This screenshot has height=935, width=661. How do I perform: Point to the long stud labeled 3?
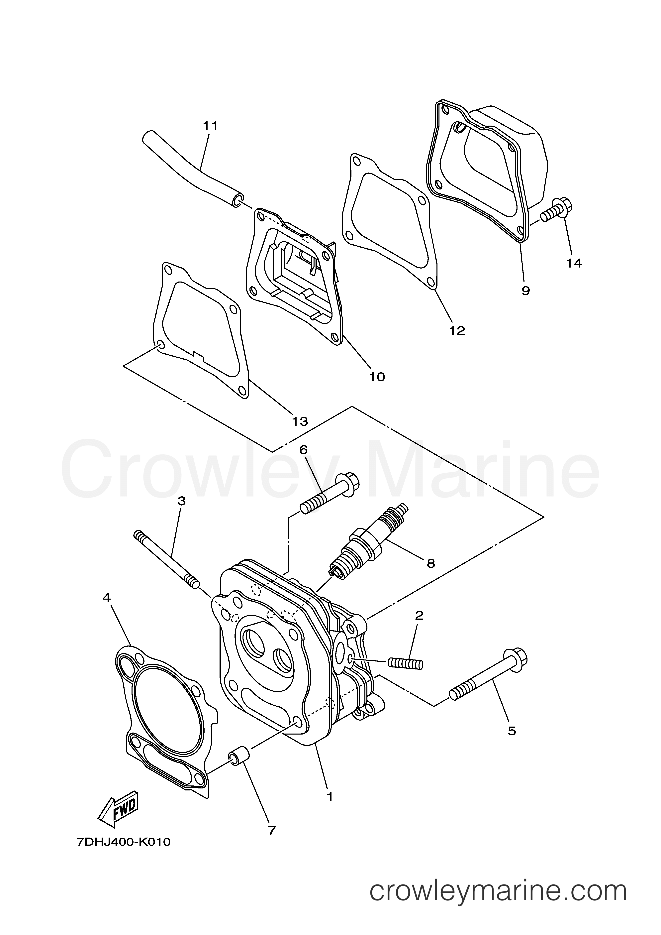point(167,559)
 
